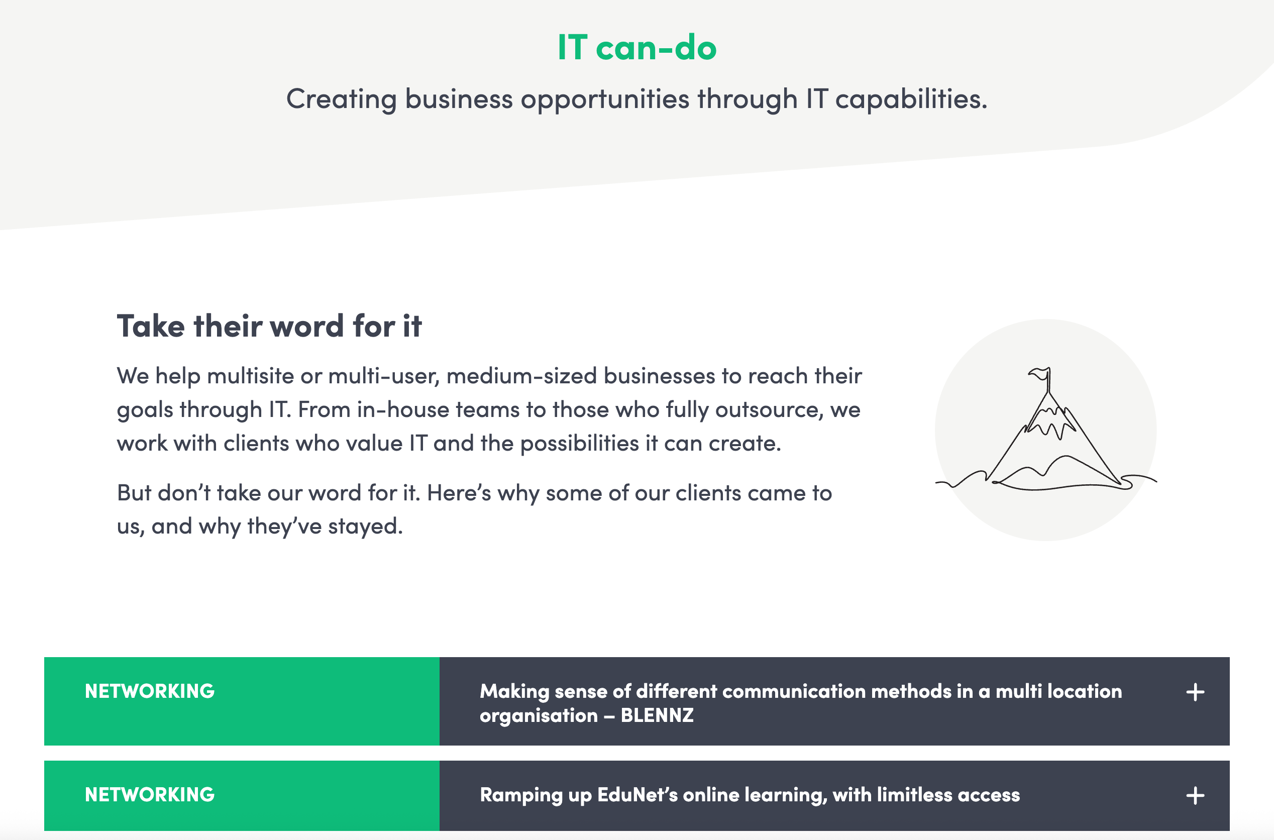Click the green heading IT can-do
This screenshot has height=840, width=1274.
tap(636, 47)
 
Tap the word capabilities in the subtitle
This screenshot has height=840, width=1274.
tap(910, 99)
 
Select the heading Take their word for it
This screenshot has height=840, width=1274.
tap(269, 326)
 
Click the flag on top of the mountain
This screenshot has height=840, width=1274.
tap(1040, 374)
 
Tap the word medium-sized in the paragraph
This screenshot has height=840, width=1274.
tap(521, 377)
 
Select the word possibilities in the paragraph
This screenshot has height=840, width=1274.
tap(579, 444)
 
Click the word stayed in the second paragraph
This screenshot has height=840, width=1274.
tap(365, 527)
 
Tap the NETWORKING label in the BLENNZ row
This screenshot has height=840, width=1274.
tap(150, 691)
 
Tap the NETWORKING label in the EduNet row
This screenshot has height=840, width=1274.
tap(150, 794)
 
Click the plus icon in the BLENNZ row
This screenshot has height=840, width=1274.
tap(1195, 692)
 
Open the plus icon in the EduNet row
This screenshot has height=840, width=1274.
tap(1195, 795)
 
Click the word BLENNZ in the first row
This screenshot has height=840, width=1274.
tap(657, 716)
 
